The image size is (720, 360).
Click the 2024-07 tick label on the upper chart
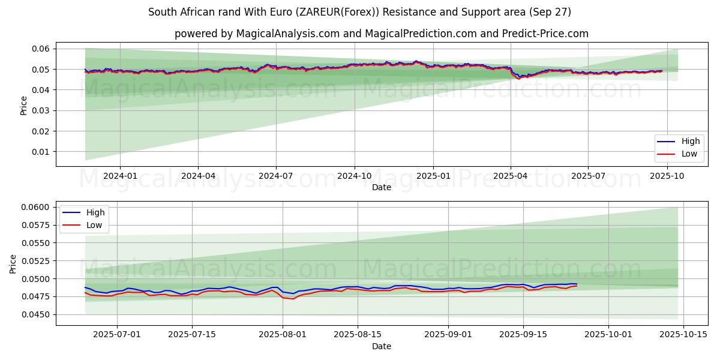(276, 176)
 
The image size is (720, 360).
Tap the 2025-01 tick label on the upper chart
(433, 176)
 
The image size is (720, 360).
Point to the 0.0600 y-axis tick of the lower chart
(37, 207)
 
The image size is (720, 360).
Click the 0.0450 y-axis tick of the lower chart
(37, 314)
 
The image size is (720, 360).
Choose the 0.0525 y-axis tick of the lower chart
(37, 261)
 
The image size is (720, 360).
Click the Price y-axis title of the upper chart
(24, 106)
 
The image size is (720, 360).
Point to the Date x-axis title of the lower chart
(382, 346)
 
